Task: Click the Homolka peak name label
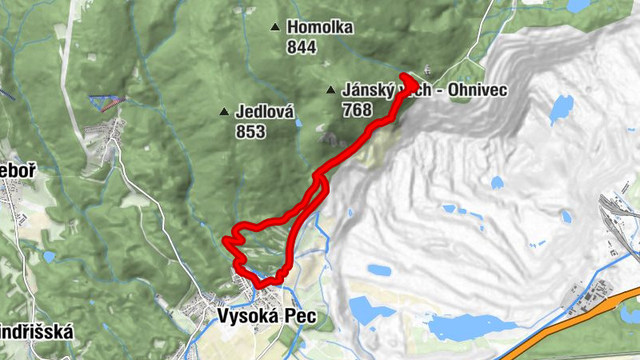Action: coord(319,28)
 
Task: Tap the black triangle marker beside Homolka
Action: coord(275,27)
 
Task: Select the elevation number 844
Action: coord(301,47)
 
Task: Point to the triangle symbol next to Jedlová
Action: coord(224,111)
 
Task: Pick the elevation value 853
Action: coord(250,132)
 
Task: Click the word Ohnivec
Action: coord(479,90)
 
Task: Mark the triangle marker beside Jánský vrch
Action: coord(330,90)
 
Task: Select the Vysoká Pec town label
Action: coord(266,317)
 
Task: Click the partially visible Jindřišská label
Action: coord(36,331)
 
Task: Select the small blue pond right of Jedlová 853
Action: coord(298,123)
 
